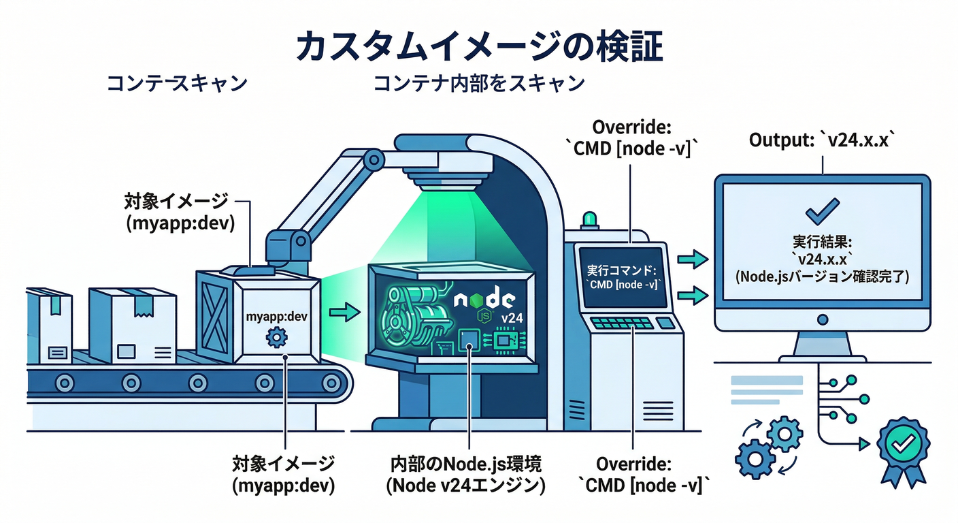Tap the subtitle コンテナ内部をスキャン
pos(478,84)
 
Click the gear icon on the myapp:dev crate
pos(277,336)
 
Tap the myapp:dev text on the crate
pos(277,317)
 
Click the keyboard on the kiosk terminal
pos(621,322)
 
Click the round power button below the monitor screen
pos(822,319)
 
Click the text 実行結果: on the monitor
pos(823,243)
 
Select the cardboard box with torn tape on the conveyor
pos(131,325)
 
